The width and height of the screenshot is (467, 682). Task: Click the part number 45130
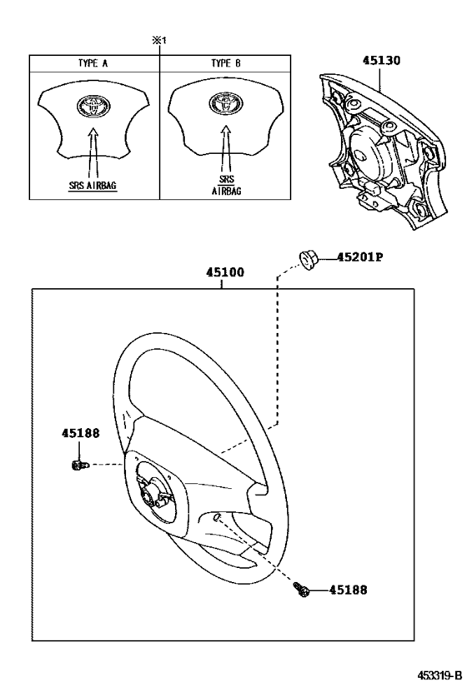point(381,61)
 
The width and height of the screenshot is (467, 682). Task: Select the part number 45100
point(225,272)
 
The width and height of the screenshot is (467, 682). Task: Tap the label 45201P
point(359,257)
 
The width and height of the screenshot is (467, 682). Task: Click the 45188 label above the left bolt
point(80,433)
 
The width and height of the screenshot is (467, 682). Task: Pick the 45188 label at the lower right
point(348,590)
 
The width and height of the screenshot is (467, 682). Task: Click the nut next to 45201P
point(309,261)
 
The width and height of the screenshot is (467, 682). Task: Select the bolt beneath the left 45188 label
point(79,465)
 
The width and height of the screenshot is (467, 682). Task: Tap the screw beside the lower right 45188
point(302,590)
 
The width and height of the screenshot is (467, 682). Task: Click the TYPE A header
point(93,63)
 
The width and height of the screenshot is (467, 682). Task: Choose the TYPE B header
point(226,63)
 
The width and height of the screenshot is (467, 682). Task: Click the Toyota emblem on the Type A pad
point(93,106)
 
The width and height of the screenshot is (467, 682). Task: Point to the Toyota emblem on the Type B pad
point(226,104)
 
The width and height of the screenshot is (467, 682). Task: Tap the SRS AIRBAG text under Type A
point(93,186)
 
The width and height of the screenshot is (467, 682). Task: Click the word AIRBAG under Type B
point(227,191)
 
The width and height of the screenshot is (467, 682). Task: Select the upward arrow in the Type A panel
point(93,152)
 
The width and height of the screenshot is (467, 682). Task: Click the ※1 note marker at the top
point(159,41)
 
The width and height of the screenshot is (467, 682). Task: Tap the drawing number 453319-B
point(439,675)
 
